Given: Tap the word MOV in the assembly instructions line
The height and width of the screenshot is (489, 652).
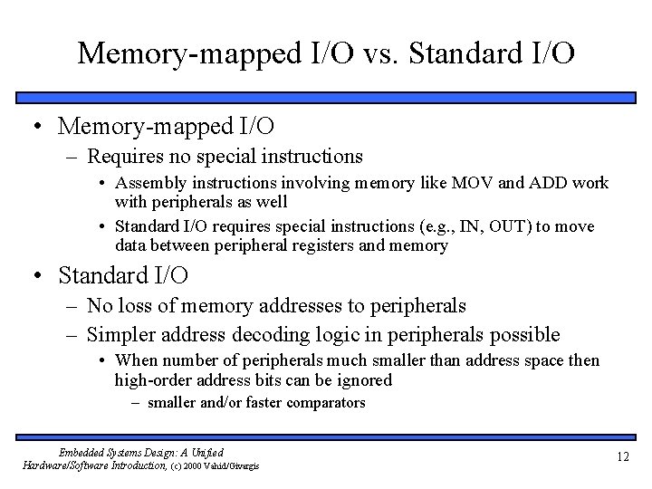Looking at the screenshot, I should coord(488,184).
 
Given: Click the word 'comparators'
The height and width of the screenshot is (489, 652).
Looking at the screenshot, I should coord(318,403).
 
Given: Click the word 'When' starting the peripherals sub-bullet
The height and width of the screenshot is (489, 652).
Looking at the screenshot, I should coord(135,361).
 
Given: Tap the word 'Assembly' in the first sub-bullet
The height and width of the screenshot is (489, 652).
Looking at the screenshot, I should coord(147,184).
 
